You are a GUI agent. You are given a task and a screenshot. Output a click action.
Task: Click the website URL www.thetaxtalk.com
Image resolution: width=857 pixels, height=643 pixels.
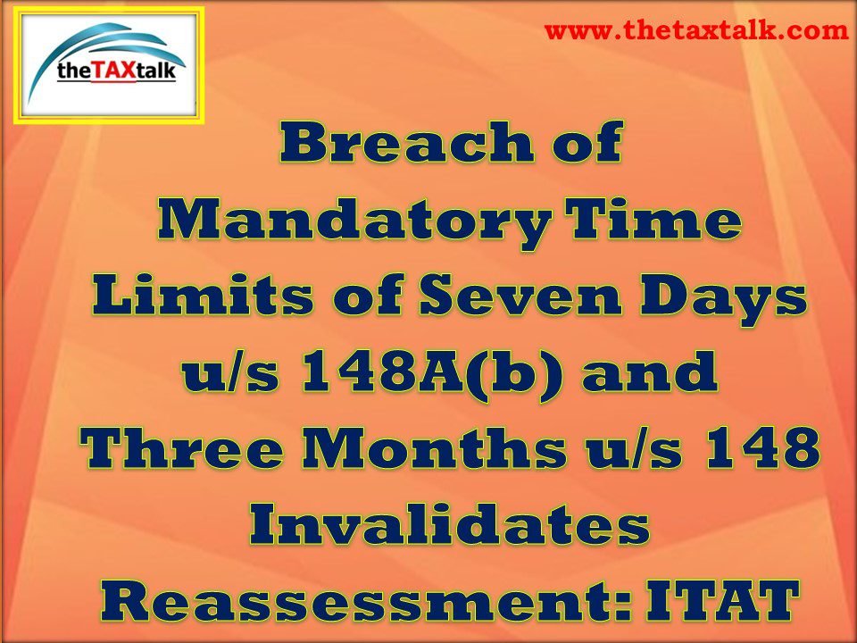tap(696, 30)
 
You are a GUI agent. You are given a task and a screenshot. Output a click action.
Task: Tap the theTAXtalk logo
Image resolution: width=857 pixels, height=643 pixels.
tap(109, 65)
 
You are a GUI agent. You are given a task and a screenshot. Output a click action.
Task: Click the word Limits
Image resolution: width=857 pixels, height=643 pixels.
tap(203, 296)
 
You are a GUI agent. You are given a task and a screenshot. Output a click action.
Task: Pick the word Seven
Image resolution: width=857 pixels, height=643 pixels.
tap(520, 296)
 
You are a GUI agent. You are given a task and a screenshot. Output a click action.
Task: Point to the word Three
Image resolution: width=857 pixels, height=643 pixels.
tap(183, 447)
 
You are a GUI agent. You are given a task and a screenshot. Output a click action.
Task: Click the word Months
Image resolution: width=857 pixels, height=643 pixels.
tap(435, 447)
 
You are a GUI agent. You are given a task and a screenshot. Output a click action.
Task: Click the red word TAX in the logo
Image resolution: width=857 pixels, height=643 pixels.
tap(112, 70)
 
